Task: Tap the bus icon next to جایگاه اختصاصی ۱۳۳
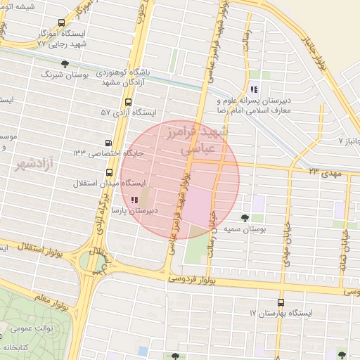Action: click(108, 142)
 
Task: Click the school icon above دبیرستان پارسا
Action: click(134, 200)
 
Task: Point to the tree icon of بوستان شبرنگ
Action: click(65, 63)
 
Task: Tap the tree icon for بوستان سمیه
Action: click(245, 218)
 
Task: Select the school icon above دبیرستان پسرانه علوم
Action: click(253, 89)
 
